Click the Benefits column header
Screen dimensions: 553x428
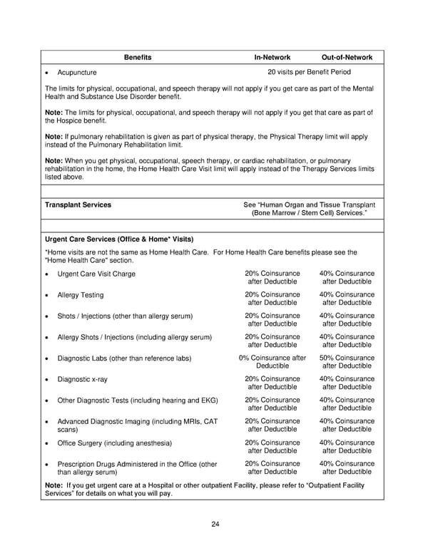point(137,57)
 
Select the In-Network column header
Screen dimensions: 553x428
point(273,57)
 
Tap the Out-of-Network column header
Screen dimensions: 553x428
point(347,57)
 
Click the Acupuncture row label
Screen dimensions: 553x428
point(77,73)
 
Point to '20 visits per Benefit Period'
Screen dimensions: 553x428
point(309,72)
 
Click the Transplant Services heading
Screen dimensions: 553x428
point(78,205)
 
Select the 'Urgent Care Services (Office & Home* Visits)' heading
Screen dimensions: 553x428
point(119,239)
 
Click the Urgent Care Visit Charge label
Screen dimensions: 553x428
point(96,274)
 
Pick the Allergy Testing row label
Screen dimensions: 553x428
point(81,295)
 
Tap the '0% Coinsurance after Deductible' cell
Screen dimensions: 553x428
point(272,362)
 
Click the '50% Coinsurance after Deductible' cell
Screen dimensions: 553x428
point(347,362)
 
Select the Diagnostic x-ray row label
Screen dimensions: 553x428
point(83,380)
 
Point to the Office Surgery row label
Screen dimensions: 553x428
point(114,443)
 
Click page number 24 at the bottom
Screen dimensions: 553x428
point(215,525)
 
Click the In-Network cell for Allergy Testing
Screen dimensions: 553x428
point(272,299)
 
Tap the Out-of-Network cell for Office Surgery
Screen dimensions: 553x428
point(347,447)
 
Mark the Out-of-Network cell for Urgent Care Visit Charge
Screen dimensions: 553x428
point(347,277)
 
